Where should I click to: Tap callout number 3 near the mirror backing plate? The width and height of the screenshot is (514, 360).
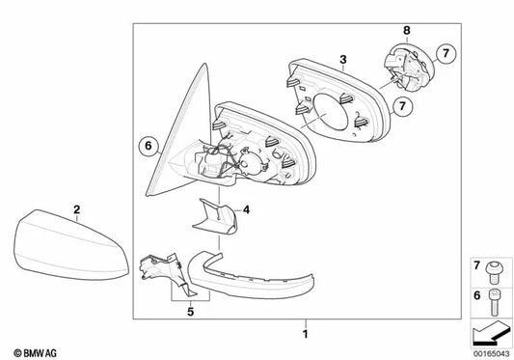(x=342, y=60)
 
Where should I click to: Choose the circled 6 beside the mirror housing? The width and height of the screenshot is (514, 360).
(x=148, y=146)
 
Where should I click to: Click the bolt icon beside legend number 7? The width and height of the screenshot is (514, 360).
(x=494, y=266)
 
